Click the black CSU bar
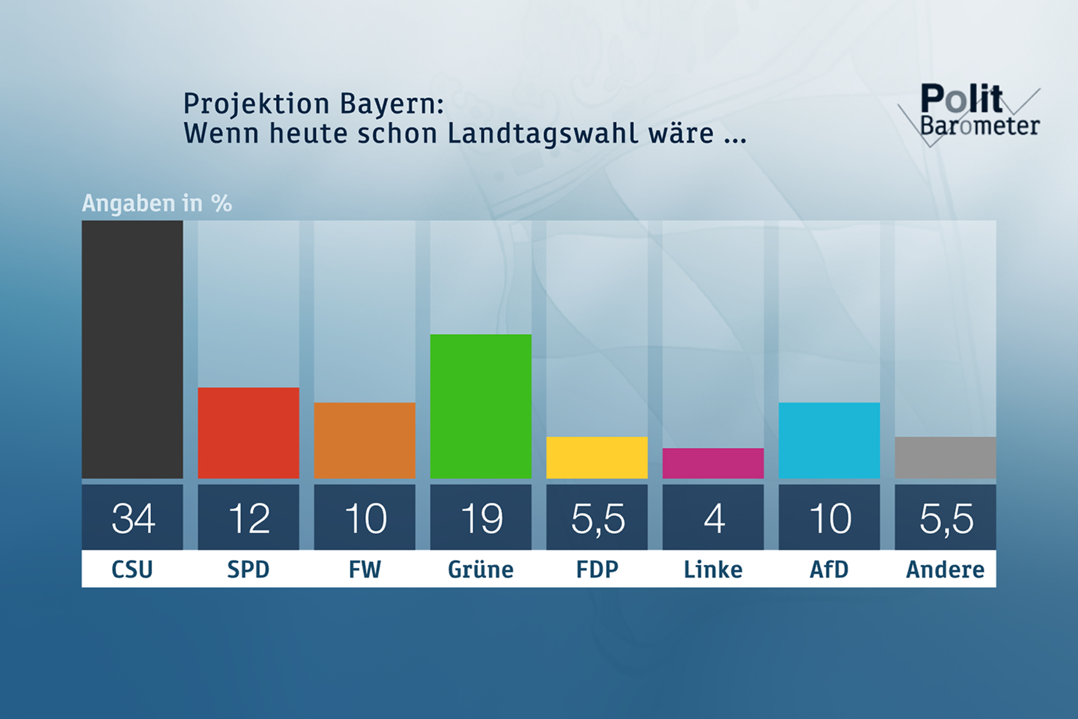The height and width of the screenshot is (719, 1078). [x=132, y=349]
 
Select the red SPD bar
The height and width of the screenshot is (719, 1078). [x=248, y=433]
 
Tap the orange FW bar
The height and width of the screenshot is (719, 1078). [x=365, y=440]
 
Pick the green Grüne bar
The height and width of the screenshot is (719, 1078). [x=481, y=406]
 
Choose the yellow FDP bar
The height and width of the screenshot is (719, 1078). [x=597, y=458]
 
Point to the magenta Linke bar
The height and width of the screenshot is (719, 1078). [x=713, y=463]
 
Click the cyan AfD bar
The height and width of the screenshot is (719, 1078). [x=829, y=440]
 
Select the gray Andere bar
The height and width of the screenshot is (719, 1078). [x=945, y=458]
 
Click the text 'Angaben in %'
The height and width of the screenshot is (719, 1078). [x=157, y=203]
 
